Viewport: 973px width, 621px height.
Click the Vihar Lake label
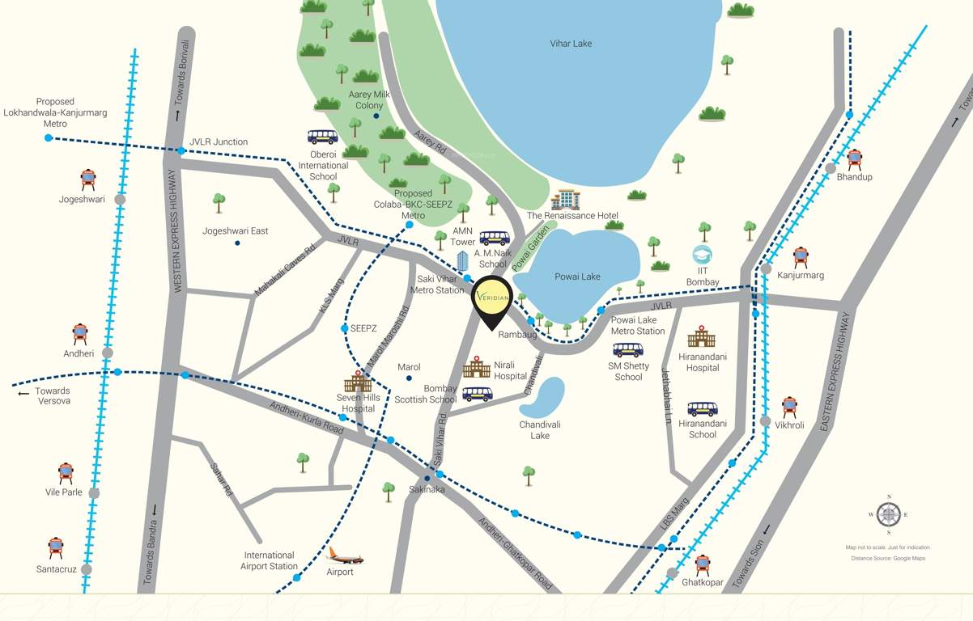571,43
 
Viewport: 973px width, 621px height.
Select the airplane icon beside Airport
345,556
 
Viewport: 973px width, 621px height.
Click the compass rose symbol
889,514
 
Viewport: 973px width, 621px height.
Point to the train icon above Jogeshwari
88,180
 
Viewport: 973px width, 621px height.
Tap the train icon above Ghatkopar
703,564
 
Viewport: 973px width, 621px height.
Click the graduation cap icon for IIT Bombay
702,256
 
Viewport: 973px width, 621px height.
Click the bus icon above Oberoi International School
322,137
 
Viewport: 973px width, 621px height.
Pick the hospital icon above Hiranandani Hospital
702,337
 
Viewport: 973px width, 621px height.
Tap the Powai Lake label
577,277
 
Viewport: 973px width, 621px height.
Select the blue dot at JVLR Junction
181,151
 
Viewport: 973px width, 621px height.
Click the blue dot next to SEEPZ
344,328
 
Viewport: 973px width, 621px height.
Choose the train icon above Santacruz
55,547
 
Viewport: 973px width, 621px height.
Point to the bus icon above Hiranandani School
702,409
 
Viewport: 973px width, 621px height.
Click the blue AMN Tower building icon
463,261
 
